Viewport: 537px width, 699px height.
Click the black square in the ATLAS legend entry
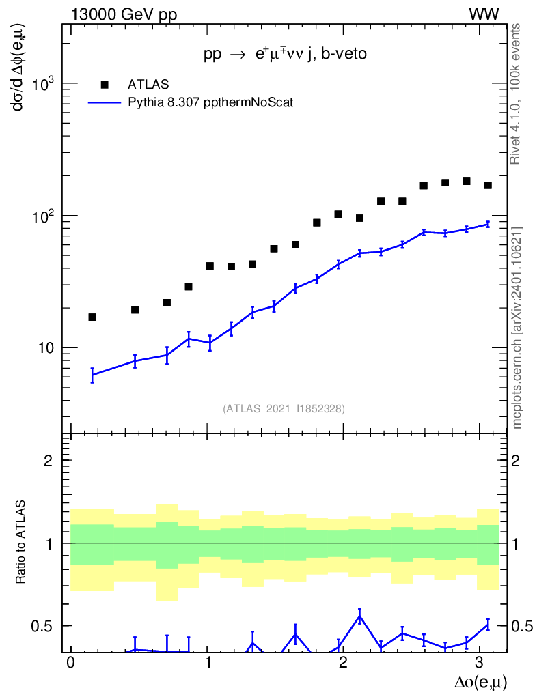(105, 84)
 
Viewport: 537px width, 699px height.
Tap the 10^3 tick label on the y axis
(45, 84)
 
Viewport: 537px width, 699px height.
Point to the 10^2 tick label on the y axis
(45, 216)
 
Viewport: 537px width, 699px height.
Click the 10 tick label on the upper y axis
(48, 348)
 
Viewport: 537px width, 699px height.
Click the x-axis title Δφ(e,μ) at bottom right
(481, 681)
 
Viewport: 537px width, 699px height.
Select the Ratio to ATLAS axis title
(22, 543)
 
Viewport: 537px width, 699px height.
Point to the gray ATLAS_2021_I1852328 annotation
(284, 409)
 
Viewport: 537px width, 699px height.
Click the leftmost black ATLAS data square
(92, 317)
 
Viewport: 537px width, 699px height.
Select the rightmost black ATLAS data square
(488, 185)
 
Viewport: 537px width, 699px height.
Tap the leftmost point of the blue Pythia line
(92, 375)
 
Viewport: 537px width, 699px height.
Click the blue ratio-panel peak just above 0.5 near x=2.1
(359, 616)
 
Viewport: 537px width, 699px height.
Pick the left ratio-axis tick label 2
(49, 461)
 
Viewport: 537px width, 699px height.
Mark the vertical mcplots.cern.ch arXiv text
(517, 328)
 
